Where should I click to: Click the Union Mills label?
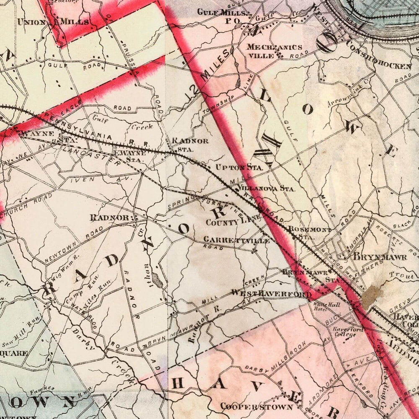pos(53,21)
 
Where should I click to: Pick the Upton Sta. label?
pos(239,167)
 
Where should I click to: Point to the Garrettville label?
pos(236,240)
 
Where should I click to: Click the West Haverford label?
pos(271,294)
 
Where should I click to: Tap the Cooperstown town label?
pos(256,406)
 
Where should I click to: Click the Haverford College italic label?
pos(345,332)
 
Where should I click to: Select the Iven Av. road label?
pos(101,180)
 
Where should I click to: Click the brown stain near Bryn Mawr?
pos(371,297)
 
